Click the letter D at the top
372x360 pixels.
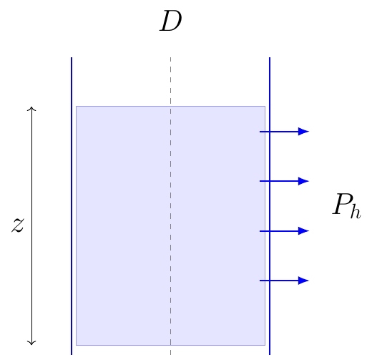(x=171, y=21)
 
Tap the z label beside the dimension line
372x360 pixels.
(x=18, y=225)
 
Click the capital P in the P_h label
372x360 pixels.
(x=341, y=204)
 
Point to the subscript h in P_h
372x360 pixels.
(x=356, y=211)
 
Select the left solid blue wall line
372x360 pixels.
(x=72, y=206)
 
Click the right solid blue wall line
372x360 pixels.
(x=270, y=206)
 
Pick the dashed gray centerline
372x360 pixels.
(x=170, y=206)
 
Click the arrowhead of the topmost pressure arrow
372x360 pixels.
(x=303, y=132)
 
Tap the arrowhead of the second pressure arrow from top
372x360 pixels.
(x=303, y=181)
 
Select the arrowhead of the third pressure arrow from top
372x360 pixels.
(x=303, y=231)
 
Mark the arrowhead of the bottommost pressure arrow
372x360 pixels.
(x=303, y=281)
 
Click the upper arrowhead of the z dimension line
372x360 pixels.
(x=31, y=107)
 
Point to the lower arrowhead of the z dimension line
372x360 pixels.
(x=31, y=345)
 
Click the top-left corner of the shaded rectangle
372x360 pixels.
(x=77, y=107)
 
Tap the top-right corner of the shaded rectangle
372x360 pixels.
(x=265, y=107)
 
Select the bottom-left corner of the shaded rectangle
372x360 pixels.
(x=77, y=345)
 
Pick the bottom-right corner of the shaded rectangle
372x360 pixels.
(x=265, y=345)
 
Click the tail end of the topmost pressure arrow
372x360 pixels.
(x=260, y=132)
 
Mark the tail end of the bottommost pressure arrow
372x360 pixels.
(x=260, y=281)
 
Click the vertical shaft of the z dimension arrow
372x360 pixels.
(x=31, y=226)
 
